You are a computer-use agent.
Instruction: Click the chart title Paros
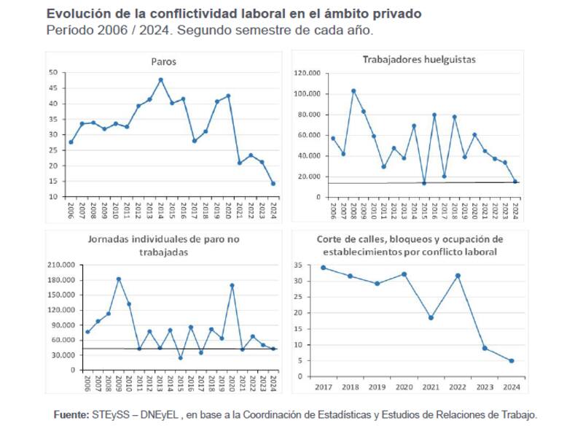pos(164,62)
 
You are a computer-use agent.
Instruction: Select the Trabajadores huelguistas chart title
pos(419,59)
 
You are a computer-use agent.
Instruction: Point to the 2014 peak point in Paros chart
pos(160,80)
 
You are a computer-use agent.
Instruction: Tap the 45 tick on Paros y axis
pos(53,88)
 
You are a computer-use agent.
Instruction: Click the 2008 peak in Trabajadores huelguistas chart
pos(353,91)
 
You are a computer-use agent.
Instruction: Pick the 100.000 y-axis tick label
pos(307,94)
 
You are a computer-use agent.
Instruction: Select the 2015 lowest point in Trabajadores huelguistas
pos(424,183)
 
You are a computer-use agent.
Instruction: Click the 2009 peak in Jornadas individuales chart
pos(119,279)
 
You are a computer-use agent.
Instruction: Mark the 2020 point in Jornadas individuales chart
pos(232,285)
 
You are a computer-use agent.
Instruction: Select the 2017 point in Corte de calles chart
pos(324,268)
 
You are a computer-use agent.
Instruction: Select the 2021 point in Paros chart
pos(240,163)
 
